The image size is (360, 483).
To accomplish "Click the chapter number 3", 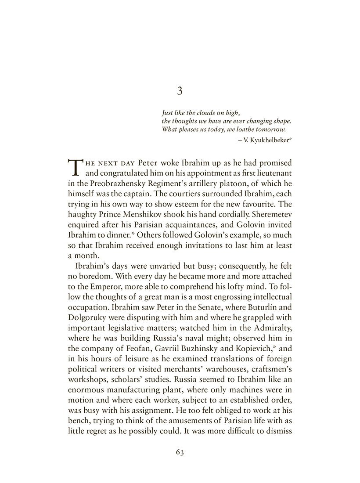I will point(180,91).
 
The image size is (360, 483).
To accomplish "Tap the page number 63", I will point(180,452).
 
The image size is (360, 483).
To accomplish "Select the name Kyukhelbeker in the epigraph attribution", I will point(269,139).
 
